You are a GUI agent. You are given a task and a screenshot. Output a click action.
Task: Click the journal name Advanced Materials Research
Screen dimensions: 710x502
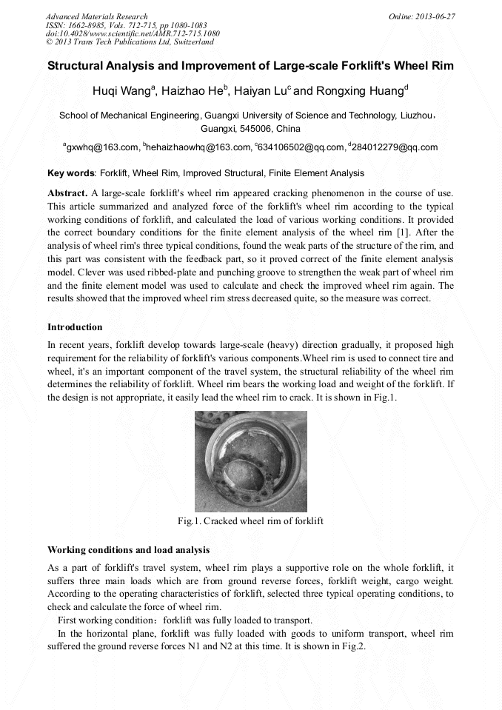(96, 16)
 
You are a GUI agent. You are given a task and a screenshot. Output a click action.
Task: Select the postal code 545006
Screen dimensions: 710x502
(262, 128)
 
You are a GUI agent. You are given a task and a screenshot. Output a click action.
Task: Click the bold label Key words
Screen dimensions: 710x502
(71, 173)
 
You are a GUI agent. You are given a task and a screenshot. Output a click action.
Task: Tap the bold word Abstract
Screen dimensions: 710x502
(67, 192)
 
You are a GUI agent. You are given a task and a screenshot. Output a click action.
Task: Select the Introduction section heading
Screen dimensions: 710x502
(75, 326)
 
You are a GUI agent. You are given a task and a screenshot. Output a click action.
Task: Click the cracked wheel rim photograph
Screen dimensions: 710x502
(250, 459)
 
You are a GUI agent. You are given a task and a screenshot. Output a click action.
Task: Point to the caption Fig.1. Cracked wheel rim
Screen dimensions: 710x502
(250, 521)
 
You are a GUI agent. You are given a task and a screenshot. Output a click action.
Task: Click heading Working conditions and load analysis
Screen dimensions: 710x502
(128, 550)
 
